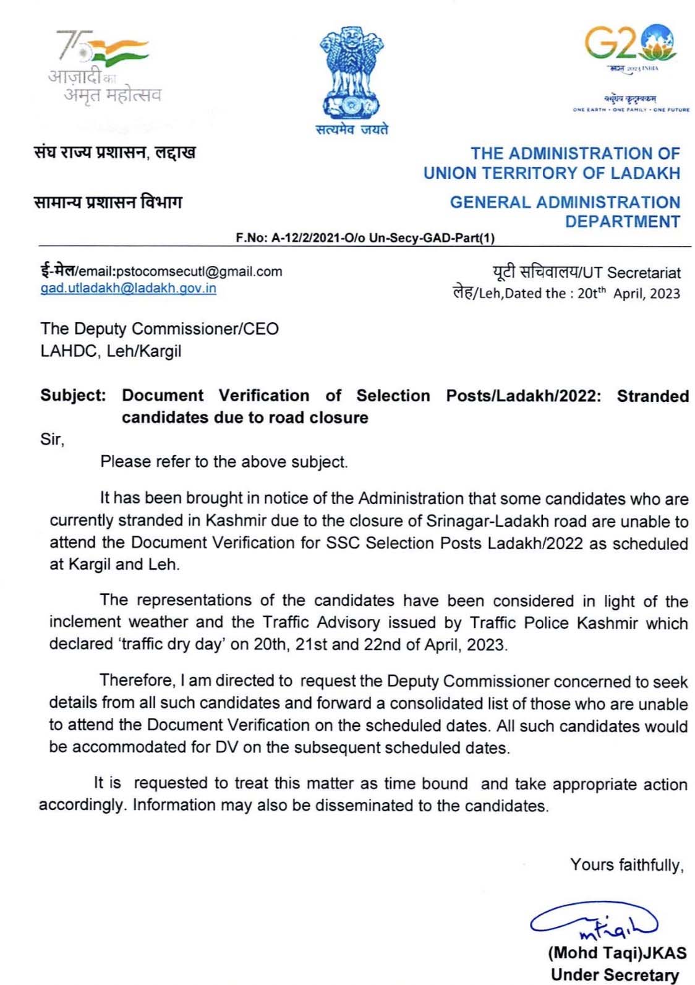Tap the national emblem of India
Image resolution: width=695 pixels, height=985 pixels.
[350, 74]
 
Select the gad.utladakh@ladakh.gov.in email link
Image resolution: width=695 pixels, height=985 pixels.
[128, 288]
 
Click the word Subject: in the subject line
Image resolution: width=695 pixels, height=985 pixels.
[73, 396]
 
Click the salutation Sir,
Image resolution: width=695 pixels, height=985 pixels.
[52, 440]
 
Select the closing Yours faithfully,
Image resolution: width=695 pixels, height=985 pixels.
[626, 865]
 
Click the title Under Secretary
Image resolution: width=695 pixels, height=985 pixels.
[614, 975]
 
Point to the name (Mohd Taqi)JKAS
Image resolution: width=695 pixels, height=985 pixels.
[616, 953]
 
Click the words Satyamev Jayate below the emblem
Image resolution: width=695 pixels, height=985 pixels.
[351, 129]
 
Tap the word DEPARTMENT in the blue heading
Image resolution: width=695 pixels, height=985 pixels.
[622, 221]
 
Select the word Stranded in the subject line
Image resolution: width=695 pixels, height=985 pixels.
[652, 396]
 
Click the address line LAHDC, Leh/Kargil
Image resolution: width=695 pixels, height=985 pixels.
[111, 351]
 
